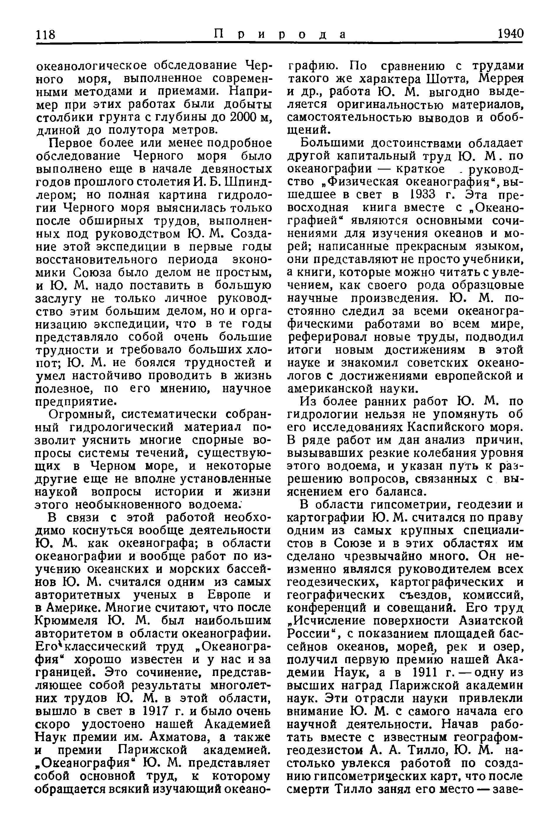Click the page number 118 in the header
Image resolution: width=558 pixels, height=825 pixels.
(46, 34)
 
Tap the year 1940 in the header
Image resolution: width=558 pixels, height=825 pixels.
(510, 34)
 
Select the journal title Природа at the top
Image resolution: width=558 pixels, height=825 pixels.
(280, 34)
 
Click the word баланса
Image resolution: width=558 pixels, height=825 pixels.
(394, 492)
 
